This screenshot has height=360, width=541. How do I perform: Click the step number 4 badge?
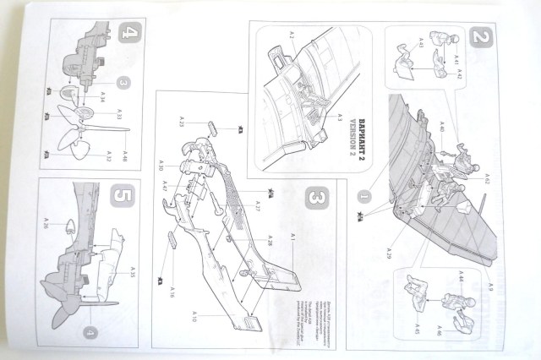(x=128, y=35)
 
